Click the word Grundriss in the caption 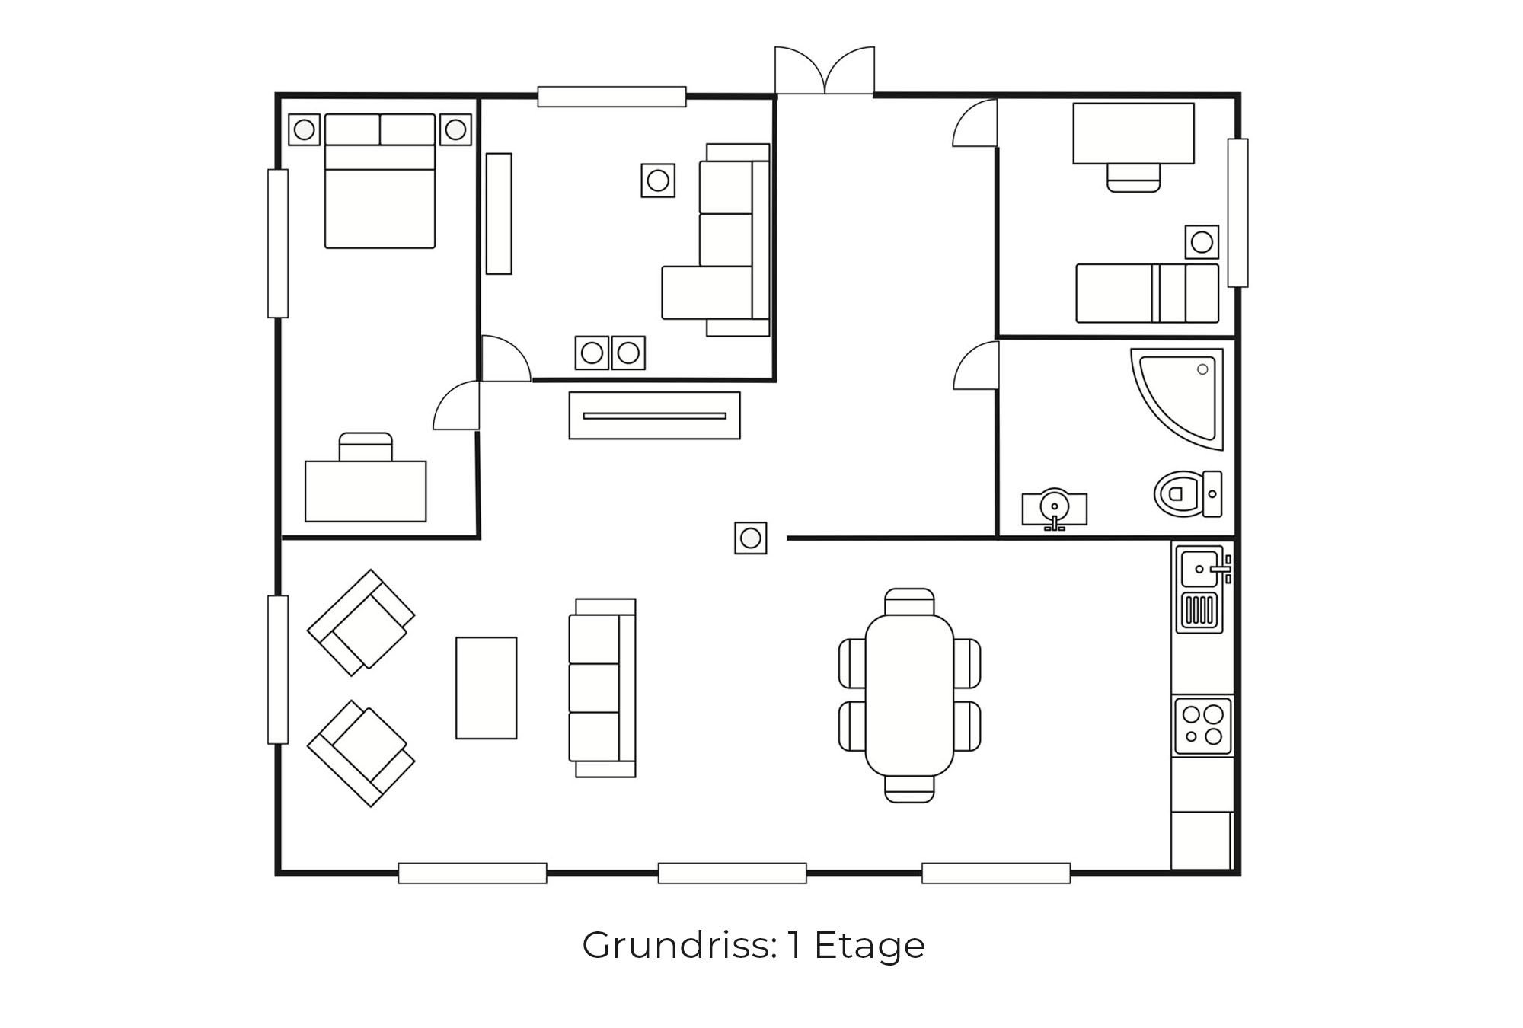click(679, 946)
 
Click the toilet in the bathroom click(1188, 493)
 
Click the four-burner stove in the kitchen click(1202, 726)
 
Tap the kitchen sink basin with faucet click(1201, 567)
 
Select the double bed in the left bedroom click(380, 181)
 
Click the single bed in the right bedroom click(1148, 293)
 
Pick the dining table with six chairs click(909, 694)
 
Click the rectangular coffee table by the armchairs click(487, 688)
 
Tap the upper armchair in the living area click(361, 622)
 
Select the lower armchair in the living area click(361, 753)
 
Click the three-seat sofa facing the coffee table click(602, 688)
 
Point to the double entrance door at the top click(825, 71)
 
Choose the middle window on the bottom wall click(732, 873)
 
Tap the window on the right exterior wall click(1238, 212)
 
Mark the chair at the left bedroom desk click(366, 446)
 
